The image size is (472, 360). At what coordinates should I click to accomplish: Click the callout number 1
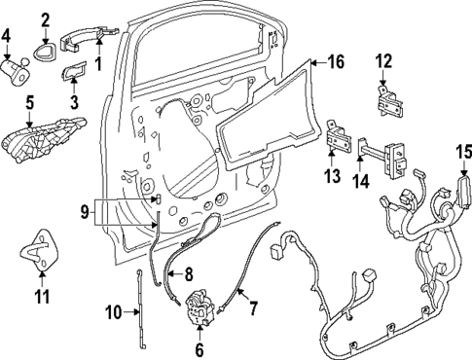pyautogui.click(x=96, y=63)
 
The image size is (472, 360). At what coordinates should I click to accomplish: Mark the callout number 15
pyautogui.click(x=463, y=152)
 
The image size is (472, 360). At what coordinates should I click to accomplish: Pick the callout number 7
pyautogui.click(x=253, y=310)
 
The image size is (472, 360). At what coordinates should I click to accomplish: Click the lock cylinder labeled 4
pyautogui.click(x=18, y=70)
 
